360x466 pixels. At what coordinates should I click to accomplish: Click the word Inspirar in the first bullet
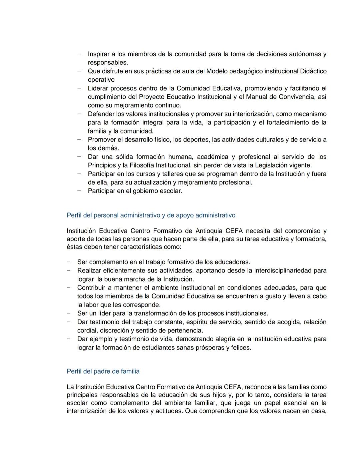[x=99, y=54]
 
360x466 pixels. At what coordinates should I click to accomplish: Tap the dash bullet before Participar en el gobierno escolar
[x=79, y=191]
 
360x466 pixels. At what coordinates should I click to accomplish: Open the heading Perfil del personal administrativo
[x=151, y=215]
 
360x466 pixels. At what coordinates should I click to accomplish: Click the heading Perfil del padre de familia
[x=103, y=371]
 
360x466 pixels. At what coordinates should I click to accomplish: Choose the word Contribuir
[x=91, y=288]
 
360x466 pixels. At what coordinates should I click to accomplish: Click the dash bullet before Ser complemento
[x=69, y=262]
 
